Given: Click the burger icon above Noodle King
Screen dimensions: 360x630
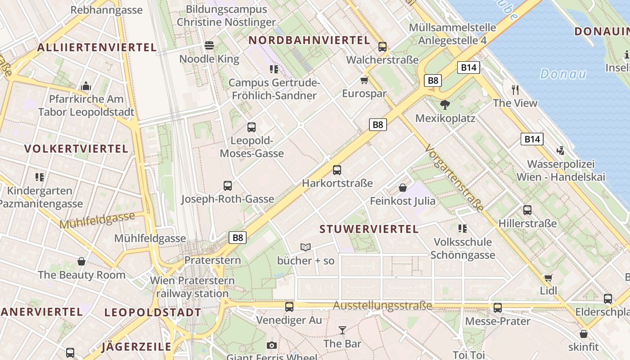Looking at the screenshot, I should (x=209, y=45).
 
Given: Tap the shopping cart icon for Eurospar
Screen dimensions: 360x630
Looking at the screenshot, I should (x=364, y=81).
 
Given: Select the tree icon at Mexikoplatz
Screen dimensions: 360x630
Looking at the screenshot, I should (x=445, y=105).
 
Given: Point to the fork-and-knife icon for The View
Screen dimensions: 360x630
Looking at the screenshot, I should (x=515, y=90).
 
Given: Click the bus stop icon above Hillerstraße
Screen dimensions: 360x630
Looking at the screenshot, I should (x=527, y=210).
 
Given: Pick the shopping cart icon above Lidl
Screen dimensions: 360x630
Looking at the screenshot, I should (x=548, y=277).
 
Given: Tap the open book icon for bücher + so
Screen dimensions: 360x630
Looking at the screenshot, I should (x=306, y=247).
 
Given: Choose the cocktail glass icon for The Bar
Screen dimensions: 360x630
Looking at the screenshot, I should (x=342, y=330).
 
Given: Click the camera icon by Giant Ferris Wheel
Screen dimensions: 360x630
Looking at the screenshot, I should (x=271, y=345).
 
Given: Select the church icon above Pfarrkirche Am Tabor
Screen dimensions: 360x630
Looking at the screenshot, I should (x=86, y=86).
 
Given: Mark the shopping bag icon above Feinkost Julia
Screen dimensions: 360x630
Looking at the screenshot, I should (x=403, y=187).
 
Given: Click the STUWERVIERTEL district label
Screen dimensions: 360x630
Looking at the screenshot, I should (x=369, y=229).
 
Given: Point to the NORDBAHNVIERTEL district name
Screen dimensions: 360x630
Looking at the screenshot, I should (x=309, y=40).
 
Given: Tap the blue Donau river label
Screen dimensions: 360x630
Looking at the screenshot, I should (x=563, y=74).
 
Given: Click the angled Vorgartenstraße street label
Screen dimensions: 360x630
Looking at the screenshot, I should (x=454, y=178).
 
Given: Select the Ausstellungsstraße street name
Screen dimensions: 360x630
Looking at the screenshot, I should (x=382, y=306).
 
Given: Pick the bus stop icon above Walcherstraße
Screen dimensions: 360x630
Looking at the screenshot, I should (x=382, y=46).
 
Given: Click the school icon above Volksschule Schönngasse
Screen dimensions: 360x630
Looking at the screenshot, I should (x=462, y=229).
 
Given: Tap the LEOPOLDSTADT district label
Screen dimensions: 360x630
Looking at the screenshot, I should (x=153, y=312).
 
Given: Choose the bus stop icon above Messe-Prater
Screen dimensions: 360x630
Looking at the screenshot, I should (x=497, y=308).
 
